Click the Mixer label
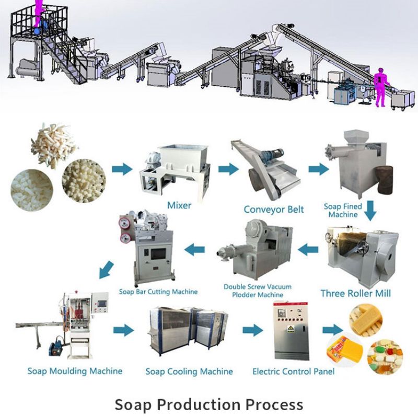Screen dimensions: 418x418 (x=179, y=205)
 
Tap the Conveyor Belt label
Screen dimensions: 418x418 (x=273, y=210)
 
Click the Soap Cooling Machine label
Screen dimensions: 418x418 (x=189, y=371)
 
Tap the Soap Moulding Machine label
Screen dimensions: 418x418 (x=75, y=371)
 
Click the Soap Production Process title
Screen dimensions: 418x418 (x=208, y=404)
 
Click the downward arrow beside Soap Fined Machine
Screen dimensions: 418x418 (x=370, y=211)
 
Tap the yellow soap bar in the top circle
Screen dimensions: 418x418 (x=365, y=319)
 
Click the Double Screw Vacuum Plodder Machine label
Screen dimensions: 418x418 (x=258, y=291)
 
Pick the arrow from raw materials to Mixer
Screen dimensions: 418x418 (x=122, y=169)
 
